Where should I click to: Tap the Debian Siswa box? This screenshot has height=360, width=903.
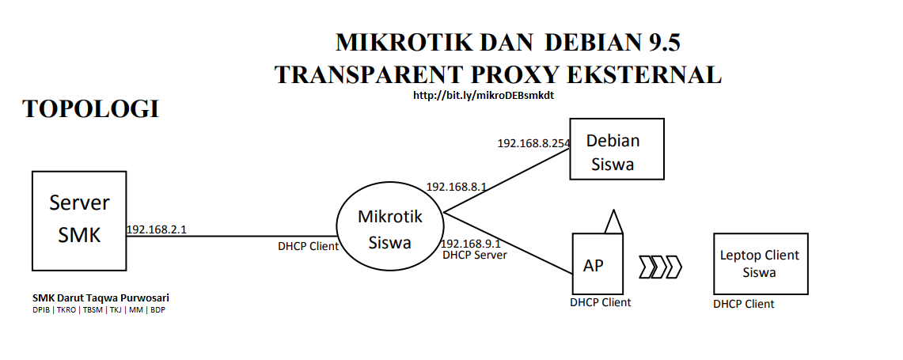617,150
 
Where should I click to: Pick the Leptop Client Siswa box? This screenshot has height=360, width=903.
760,263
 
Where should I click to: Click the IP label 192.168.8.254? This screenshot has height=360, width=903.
533,144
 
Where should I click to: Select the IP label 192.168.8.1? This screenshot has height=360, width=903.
456,187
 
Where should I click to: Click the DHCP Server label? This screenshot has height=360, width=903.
475,256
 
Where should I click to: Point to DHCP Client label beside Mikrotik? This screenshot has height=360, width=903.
308,246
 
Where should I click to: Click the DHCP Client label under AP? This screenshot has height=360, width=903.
600,302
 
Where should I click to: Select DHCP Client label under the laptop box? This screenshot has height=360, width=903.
743,304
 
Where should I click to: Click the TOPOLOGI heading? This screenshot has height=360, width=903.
91,109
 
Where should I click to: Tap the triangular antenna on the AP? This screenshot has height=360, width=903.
613,223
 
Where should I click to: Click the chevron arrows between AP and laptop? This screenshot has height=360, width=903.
661,267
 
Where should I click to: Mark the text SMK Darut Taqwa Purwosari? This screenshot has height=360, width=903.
101,298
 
